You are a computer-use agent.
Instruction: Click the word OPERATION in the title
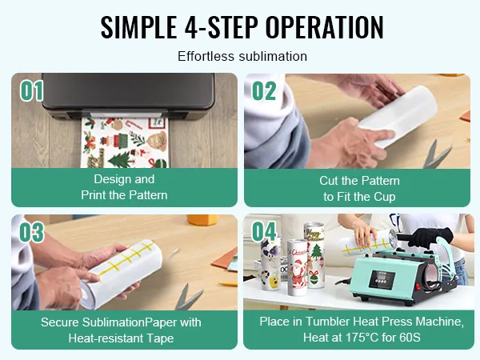click(325, 27)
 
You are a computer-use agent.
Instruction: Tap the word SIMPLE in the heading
click(138, 27)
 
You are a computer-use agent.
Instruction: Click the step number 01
click(32, 90)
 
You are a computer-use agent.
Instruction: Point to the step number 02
click(264, 90)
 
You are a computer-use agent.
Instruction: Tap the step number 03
click(32, 232)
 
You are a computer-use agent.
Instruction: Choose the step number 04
click(264, 231)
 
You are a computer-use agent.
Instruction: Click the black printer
click(128, 96)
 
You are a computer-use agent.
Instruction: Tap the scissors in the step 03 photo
click(187, 297)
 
